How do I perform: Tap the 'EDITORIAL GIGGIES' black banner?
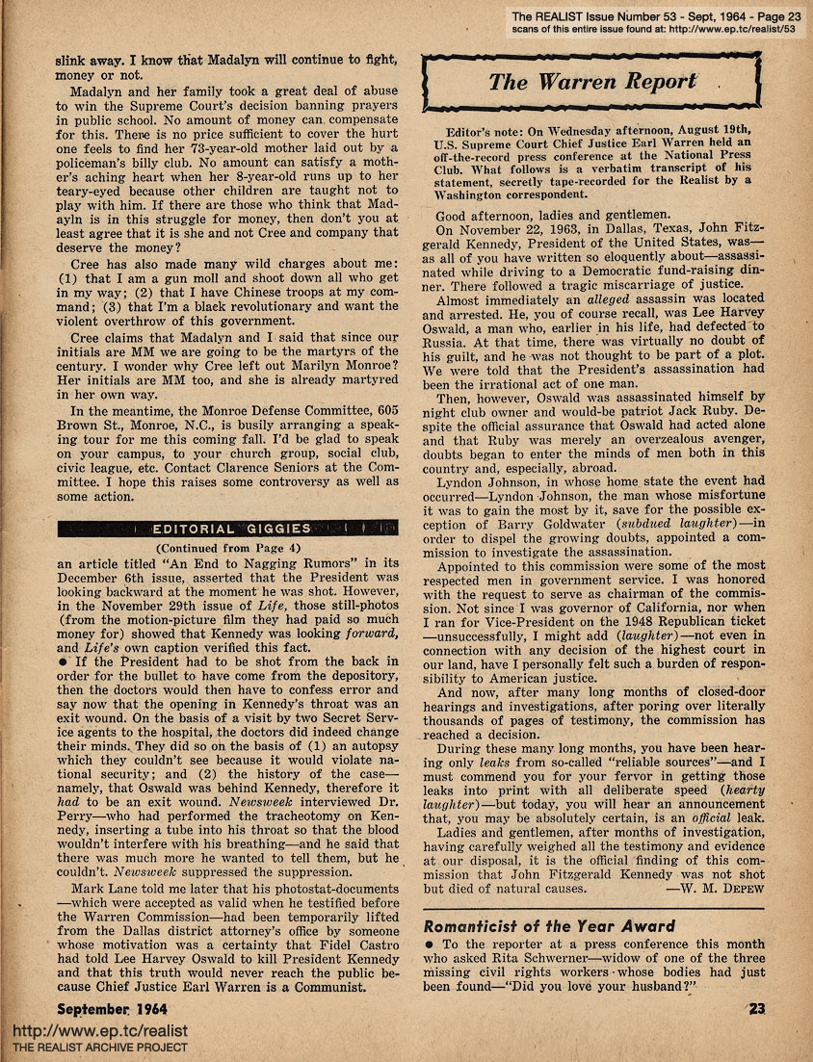pyautogui.click(x=228, y=529)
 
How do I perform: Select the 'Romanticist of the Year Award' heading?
pyautogui.click(x=550, y=926)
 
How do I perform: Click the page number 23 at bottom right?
pyautogui.click(x=755, y=1009)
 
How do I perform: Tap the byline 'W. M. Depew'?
pyautogui.click(x=715, y=888)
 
